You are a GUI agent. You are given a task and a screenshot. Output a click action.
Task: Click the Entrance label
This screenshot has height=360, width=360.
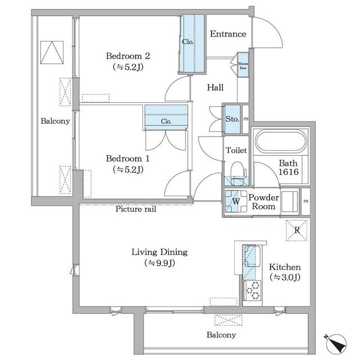click(x=228, y=34)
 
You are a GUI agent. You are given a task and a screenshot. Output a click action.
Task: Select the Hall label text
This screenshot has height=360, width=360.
click(x=215, y=88)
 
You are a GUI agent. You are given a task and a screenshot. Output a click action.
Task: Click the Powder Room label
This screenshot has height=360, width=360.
click(x=263, y=202)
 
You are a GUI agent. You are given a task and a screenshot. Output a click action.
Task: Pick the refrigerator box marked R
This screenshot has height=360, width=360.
click(x=296, y=229)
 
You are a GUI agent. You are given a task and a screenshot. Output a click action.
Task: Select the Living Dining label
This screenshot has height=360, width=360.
click(x=159, y=252)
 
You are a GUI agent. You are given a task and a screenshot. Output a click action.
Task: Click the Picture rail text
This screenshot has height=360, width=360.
click(x=136, y=209)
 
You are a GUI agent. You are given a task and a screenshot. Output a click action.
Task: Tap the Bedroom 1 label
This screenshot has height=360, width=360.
click(x=128, y=159)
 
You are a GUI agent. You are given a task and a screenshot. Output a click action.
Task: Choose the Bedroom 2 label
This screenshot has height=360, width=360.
click(x=128, y=56)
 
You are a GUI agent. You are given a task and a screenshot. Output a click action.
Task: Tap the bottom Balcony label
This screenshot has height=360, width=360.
click(x=220, y=335)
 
